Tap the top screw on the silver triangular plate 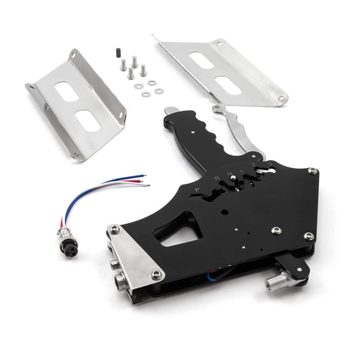click(115, 230)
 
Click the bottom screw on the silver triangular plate click(157, 275)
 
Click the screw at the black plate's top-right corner click(311, 172)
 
